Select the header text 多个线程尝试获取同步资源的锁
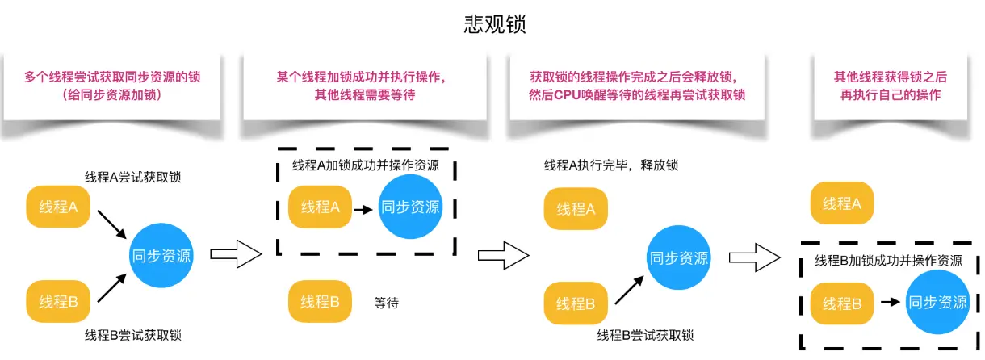coord(111,77)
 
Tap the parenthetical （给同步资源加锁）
coord(111,94)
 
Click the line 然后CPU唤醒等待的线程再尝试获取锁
coord(637,94)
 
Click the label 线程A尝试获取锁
coord(133,176)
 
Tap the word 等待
coord(387,303)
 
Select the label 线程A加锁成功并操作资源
coord(365,165)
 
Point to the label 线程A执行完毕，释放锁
coord(611,165)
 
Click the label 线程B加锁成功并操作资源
coord(888,261)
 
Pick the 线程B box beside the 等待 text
coord(321,302)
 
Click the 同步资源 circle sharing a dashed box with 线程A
coord(411,207)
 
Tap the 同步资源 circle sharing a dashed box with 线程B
coord(937,303)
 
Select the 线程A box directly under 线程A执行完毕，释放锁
coord(576,209)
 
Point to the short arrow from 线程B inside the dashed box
coord(890,303)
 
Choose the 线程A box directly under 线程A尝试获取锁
coord(59,207)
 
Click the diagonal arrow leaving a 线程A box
coord(111,224)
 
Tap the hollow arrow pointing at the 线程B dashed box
coord(754,257)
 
